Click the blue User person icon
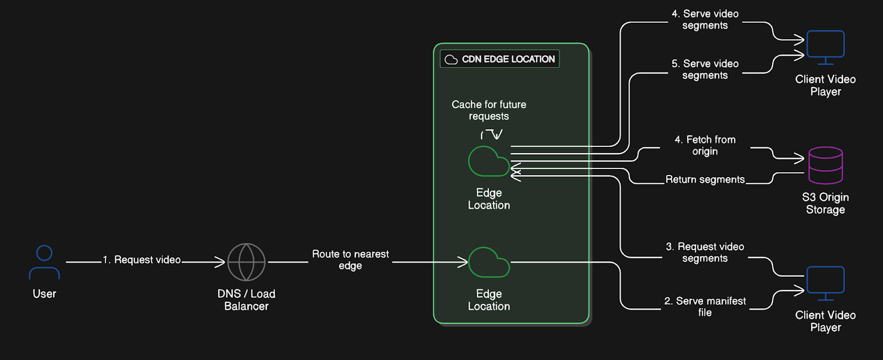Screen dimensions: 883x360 click(44, 262)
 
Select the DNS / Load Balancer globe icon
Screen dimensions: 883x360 click(246, 262)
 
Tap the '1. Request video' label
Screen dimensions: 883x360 click(141, 260)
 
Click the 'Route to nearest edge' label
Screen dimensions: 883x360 click(350, 260)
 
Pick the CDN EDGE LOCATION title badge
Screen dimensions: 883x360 click(499, 59)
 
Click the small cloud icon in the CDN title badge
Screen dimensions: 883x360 click(451, 60)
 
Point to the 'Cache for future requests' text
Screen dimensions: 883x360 click(489, 110)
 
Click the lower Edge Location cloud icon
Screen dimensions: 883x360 click(489, 262)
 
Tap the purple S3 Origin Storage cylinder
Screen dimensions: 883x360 click(826, 165)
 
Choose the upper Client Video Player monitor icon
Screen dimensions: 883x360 click(826, 47)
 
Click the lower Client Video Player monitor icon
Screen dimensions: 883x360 click(826, 283)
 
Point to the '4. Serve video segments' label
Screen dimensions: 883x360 click(705, 20)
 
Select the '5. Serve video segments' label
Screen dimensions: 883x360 click(705, 70)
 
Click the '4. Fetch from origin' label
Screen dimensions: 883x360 click(705, 146)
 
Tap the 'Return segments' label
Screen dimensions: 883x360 click(705, 179)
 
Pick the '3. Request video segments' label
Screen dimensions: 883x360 click(705, 252)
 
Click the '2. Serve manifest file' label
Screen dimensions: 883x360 click(705, 307)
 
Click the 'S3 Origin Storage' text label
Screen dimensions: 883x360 click(826, 203)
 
